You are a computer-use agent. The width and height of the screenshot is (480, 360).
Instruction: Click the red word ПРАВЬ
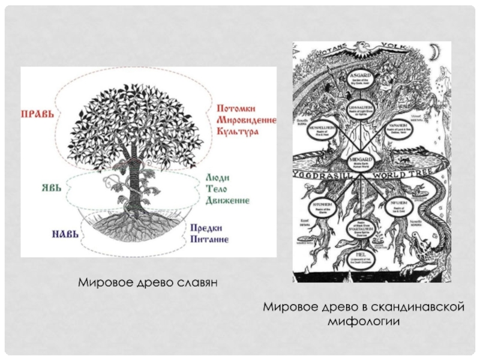(38, 113)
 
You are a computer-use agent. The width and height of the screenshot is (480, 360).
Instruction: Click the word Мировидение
(246, 121)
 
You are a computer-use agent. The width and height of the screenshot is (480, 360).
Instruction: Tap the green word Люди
(219, 179)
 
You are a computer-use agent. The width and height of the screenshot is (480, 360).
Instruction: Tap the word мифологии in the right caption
(364, 320)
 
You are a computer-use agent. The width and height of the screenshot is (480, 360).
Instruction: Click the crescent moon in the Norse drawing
(434, 55)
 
